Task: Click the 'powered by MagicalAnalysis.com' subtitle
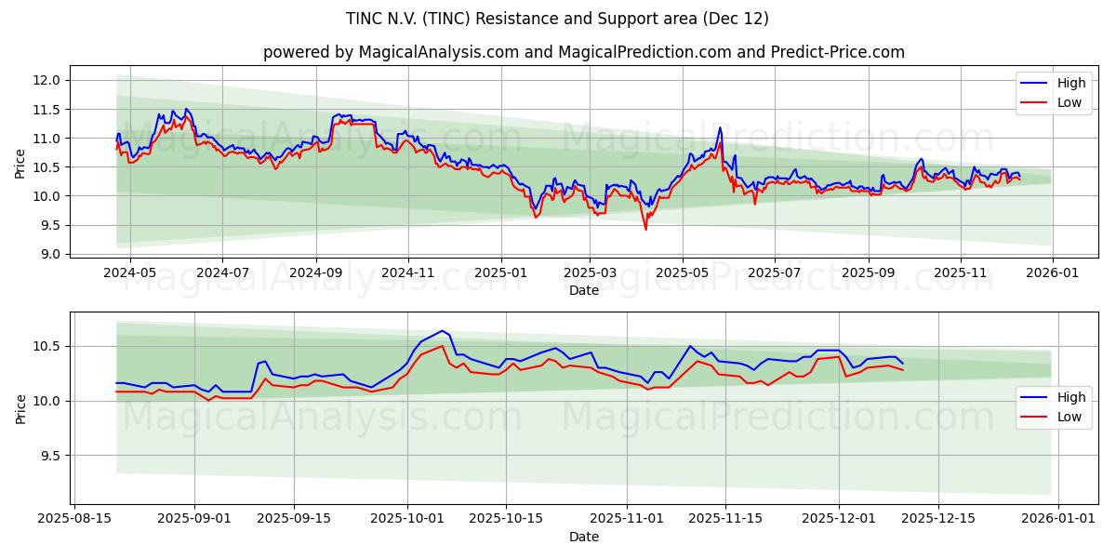(583, 52)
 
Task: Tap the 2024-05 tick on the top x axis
(129, 272)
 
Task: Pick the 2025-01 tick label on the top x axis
(501, 272)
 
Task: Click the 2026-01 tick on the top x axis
(1052, 272)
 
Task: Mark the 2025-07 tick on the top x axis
(775, 272)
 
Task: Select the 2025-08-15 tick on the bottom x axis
(74, 519)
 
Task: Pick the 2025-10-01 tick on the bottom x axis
(407, 519)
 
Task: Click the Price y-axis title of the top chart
(20, 165)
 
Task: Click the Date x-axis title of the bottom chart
(583, 537)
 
